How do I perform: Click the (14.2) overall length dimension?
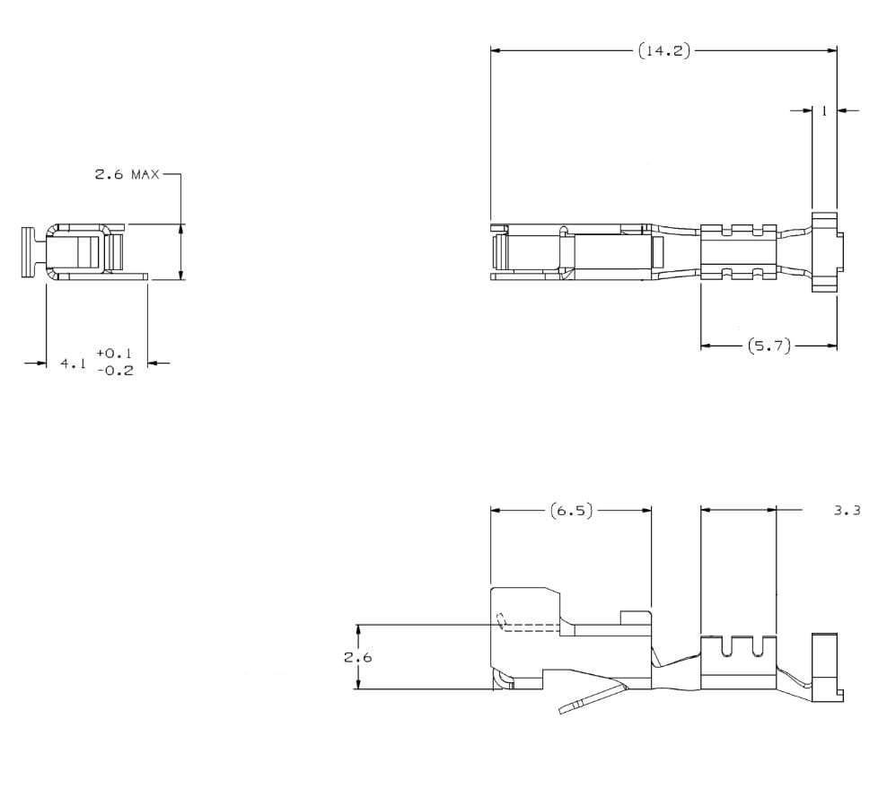(x=664, y=51)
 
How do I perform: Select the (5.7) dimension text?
(x=768, y=346)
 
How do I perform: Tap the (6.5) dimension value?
(x=572, y=511)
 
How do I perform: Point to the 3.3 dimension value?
(x=847, y=511)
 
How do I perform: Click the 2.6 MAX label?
(x=127, y=174)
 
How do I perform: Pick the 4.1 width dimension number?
(x=73, y=364)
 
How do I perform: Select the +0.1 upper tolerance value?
(x=114, y=354)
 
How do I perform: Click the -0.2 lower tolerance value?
(x=114, y=371)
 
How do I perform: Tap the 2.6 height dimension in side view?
(x=357, y=657)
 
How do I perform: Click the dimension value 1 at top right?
(x=823, y=111)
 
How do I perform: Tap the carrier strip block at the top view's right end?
(x=825, y=251)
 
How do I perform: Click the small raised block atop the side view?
(x=636, y=618)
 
